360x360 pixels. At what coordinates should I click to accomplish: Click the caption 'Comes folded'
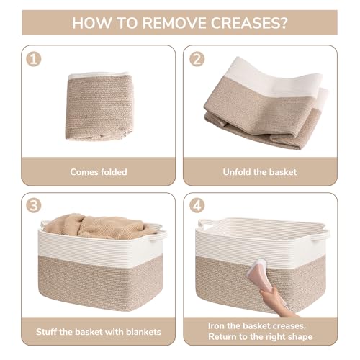[x=98, y=172]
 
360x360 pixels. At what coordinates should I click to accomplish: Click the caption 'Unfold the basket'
[x=261, y=172]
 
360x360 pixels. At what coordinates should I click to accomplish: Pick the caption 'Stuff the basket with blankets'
[x=98, y=332]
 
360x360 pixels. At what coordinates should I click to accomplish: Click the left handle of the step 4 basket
[x=206, y=225]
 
